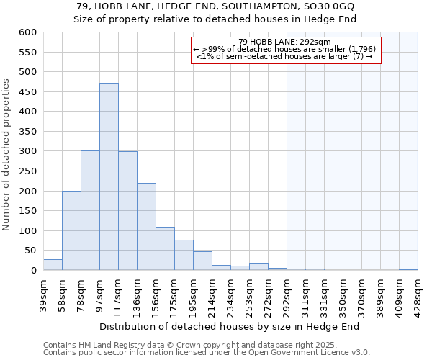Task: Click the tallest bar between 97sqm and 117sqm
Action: click(x=109, y=176)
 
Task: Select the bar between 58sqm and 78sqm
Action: click(x=71, y=230)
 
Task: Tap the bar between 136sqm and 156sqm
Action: click(x=146, y=227)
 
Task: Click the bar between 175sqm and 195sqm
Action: click(x=184, y=256)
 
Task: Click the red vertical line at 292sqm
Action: click(x=287, y=166)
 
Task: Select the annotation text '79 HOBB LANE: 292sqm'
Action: click(x=284, y=42)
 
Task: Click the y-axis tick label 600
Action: click(x=27, y=32)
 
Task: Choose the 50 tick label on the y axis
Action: click(x=30, y=251)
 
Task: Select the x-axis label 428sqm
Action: click(x=418, y=292)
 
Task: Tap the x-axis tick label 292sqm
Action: click(x=287, y=292)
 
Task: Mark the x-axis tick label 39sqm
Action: click(x=44, y=292)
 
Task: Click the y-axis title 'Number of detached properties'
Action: click(x=6, y=155)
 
